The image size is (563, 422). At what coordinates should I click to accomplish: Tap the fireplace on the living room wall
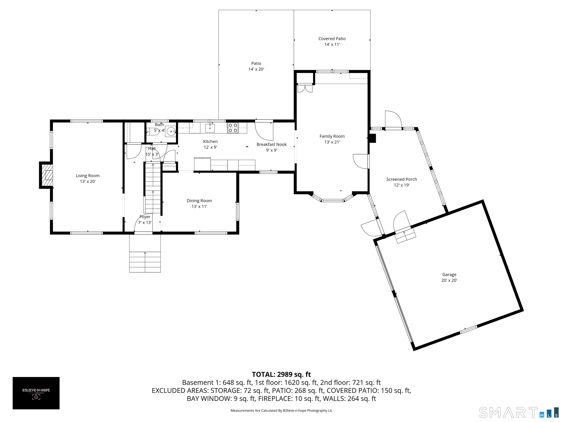(x=46, y=175)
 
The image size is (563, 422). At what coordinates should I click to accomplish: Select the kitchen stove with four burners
(x=233, y=128)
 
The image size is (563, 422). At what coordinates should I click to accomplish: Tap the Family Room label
(x=332, y=136)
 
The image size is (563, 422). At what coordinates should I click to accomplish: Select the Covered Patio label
(x=332, y=39)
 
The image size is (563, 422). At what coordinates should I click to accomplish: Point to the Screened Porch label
(x=402, y=179)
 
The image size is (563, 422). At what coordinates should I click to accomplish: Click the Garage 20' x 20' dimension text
(x=449, y=280)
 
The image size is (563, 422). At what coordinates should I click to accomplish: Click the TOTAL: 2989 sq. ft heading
(x=281, y=374)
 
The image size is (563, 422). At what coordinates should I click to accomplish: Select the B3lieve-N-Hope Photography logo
(x=36, y=393)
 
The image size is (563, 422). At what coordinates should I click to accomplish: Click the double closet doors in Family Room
(x=305, y=88)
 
